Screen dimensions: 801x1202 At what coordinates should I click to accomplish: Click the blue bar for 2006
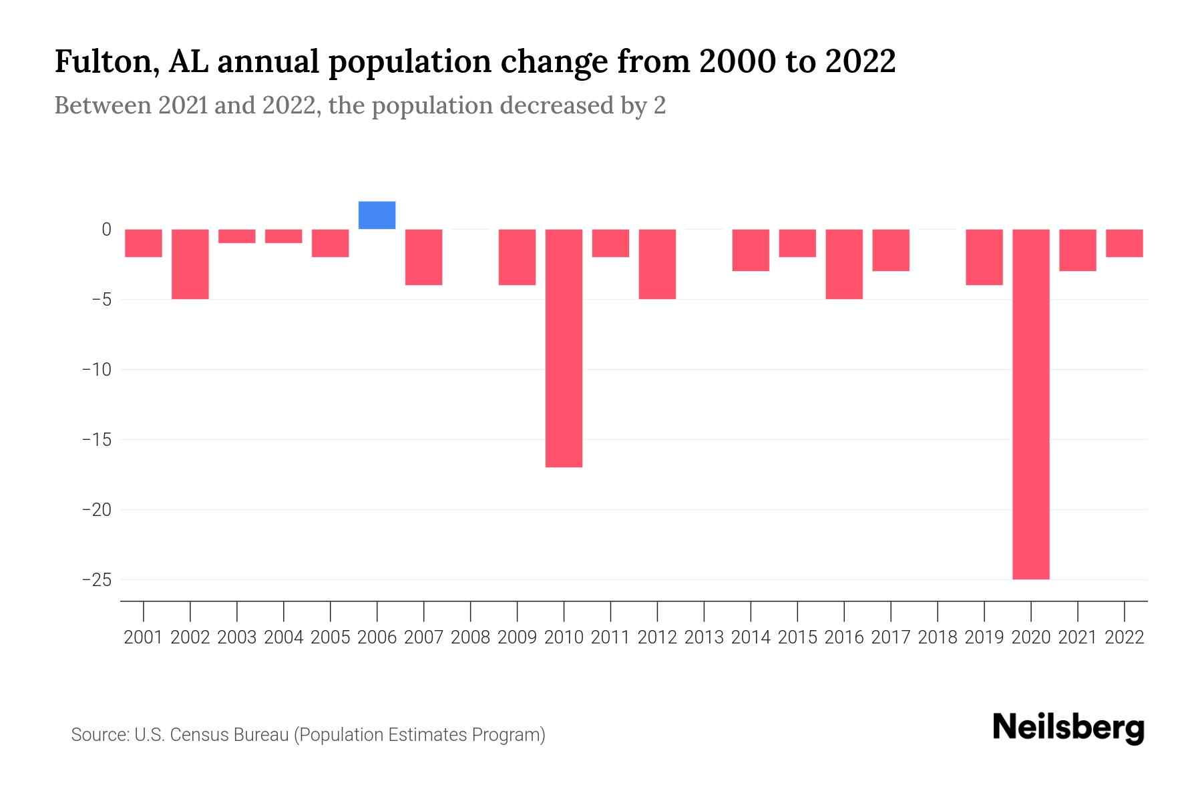click(377, 216)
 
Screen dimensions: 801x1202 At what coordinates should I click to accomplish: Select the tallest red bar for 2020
click(1030, 404)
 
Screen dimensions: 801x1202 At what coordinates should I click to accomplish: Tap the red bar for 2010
click(564, 348)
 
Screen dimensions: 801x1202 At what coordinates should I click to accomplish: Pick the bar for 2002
click(190, 264)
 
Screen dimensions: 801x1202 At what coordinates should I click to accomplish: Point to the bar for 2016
click(844, 264)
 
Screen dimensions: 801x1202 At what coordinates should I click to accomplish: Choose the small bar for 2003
click(237, 236)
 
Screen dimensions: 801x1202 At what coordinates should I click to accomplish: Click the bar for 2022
click(1124, 243)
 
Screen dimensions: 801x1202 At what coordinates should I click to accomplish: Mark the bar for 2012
click(657, 264)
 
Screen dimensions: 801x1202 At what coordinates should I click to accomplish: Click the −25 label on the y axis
click(96, 579)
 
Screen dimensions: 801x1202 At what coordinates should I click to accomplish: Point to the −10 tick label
click(96, 369)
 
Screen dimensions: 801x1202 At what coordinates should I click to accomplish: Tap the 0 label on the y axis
click(106, 230)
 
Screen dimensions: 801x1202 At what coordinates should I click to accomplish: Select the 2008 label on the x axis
click(470, 637)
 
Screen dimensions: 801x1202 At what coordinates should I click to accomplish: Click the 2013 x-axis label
click(704, 637)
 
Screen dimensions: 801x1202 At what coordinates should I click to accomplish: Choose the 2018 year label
click(937, 637)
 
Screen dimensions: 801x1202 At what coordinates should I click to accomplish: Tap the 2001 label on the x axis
click(144, 637)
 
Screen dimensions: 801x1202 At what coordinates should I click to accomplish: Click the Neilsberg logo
click(1068, 728)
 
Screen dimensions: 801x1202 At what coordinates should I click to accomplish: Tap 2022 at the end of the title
click(860, 62)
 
